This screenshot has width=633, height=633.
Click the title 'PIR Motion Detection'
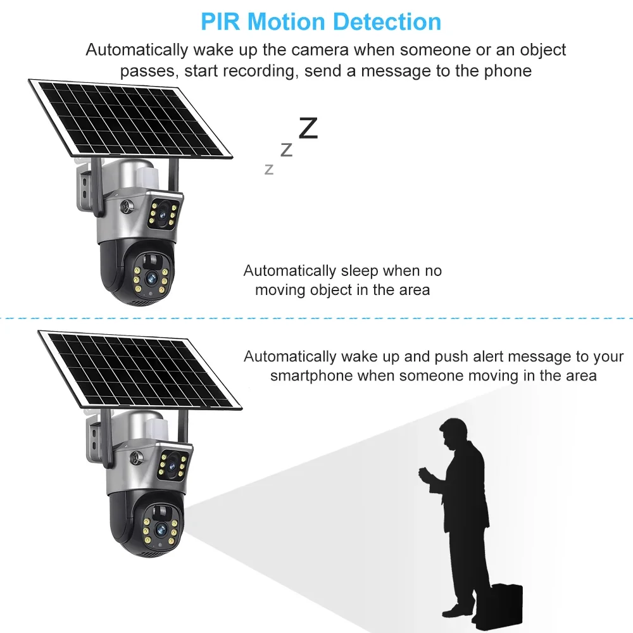tap(321, 22)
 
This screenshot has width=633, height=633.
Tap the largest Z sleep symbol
tap(308, 128)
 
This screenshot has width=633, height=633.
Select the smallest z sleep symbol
tap(269, 169)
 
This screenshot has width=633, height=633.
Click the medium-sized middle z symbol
tap(286, 150)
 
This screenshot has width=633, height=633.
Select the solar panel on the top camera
tap(130, 119)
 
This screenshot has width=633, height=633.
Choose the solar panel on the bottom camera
tap(139, 370)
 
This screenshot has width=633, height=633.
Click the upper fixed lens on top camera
tap(165, 215)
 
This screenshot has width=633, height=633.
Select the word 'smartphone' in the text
tap(311, 375)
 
